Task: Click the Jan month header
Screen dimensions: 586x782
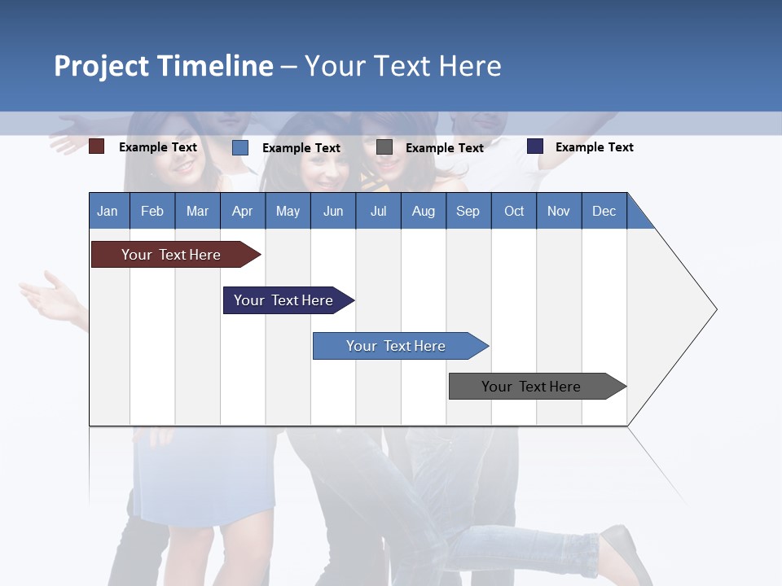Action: pos(108,211)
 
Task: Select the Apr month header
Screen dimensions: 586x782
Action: pos(242,211)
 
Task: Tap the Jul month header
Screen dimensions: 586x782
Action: pos(378,211)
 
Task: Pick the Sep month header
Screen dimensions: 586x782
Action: pos(468,211)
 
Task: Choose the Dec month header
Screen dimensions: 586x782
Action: pos(604,211)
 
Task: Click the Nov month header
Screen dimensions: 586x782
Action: pos(558,211)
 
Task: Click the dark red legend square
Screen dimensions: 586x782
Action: pos(97,146)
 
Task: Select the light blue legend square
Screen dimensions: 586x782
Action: pos(240,147)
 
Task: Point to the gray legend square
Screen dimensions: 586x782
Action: pos(384,147)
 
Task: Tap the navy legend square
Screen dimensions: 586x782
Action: pos(535,146)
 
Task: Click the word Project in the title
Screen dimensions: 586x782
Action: pos(100,66)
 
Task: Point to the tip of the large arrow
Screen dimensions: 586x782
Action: pos(715,309)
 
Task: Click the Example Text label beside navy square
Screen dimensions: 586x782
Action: pos(594,147)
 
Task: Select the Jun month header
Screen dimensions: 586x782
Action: pos(332,211)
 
